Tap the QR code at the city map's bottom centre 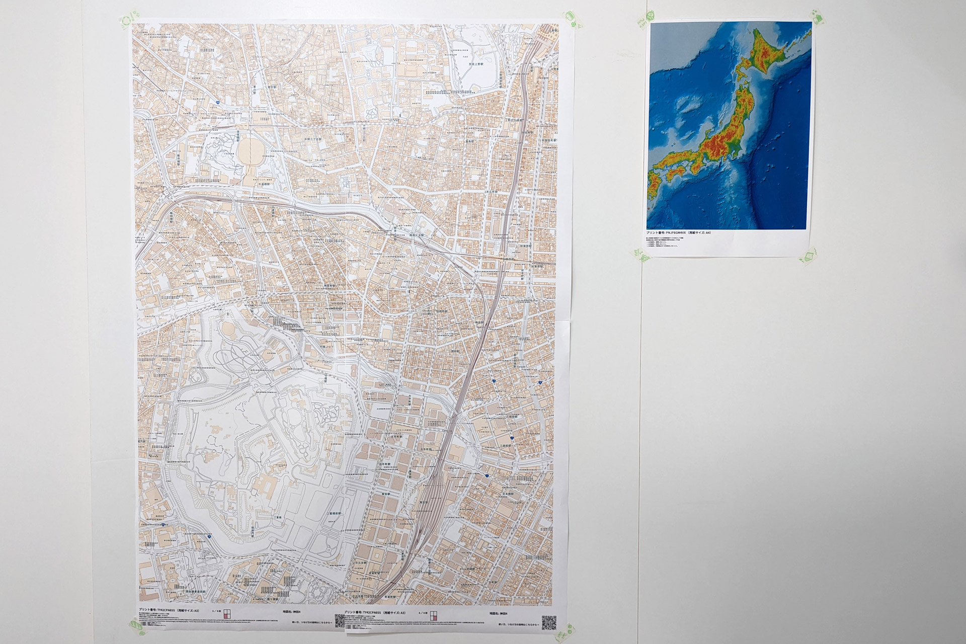(x=340, y=621)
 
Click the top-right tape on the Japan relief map (x=816, y=18)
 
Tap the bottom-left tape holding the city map (x=135, y=625)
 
